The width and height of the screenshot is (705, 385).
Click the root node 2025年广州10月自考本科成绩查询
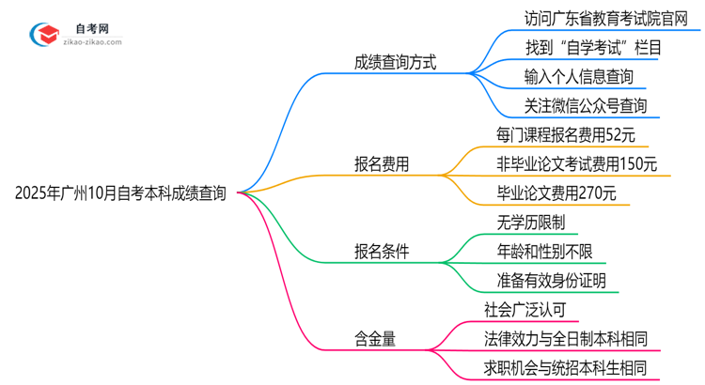click(x=120, y=193)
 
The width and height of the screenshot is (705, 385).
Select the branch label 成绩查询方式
click(x=395, y=63)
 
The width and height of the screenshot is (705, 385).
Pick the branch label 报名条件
click(x=381, y=251)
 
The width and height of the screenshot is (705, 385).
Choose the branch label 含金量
click(x=374, y=338)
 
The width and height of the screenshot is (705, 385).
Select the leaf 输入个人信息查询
click(x=566, y=75)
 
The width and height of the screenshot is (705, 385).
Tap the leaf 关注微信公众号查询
click(x=572, y=104)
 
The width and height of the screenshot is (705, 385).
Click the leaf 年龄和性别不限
click(x=544, y=251)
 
